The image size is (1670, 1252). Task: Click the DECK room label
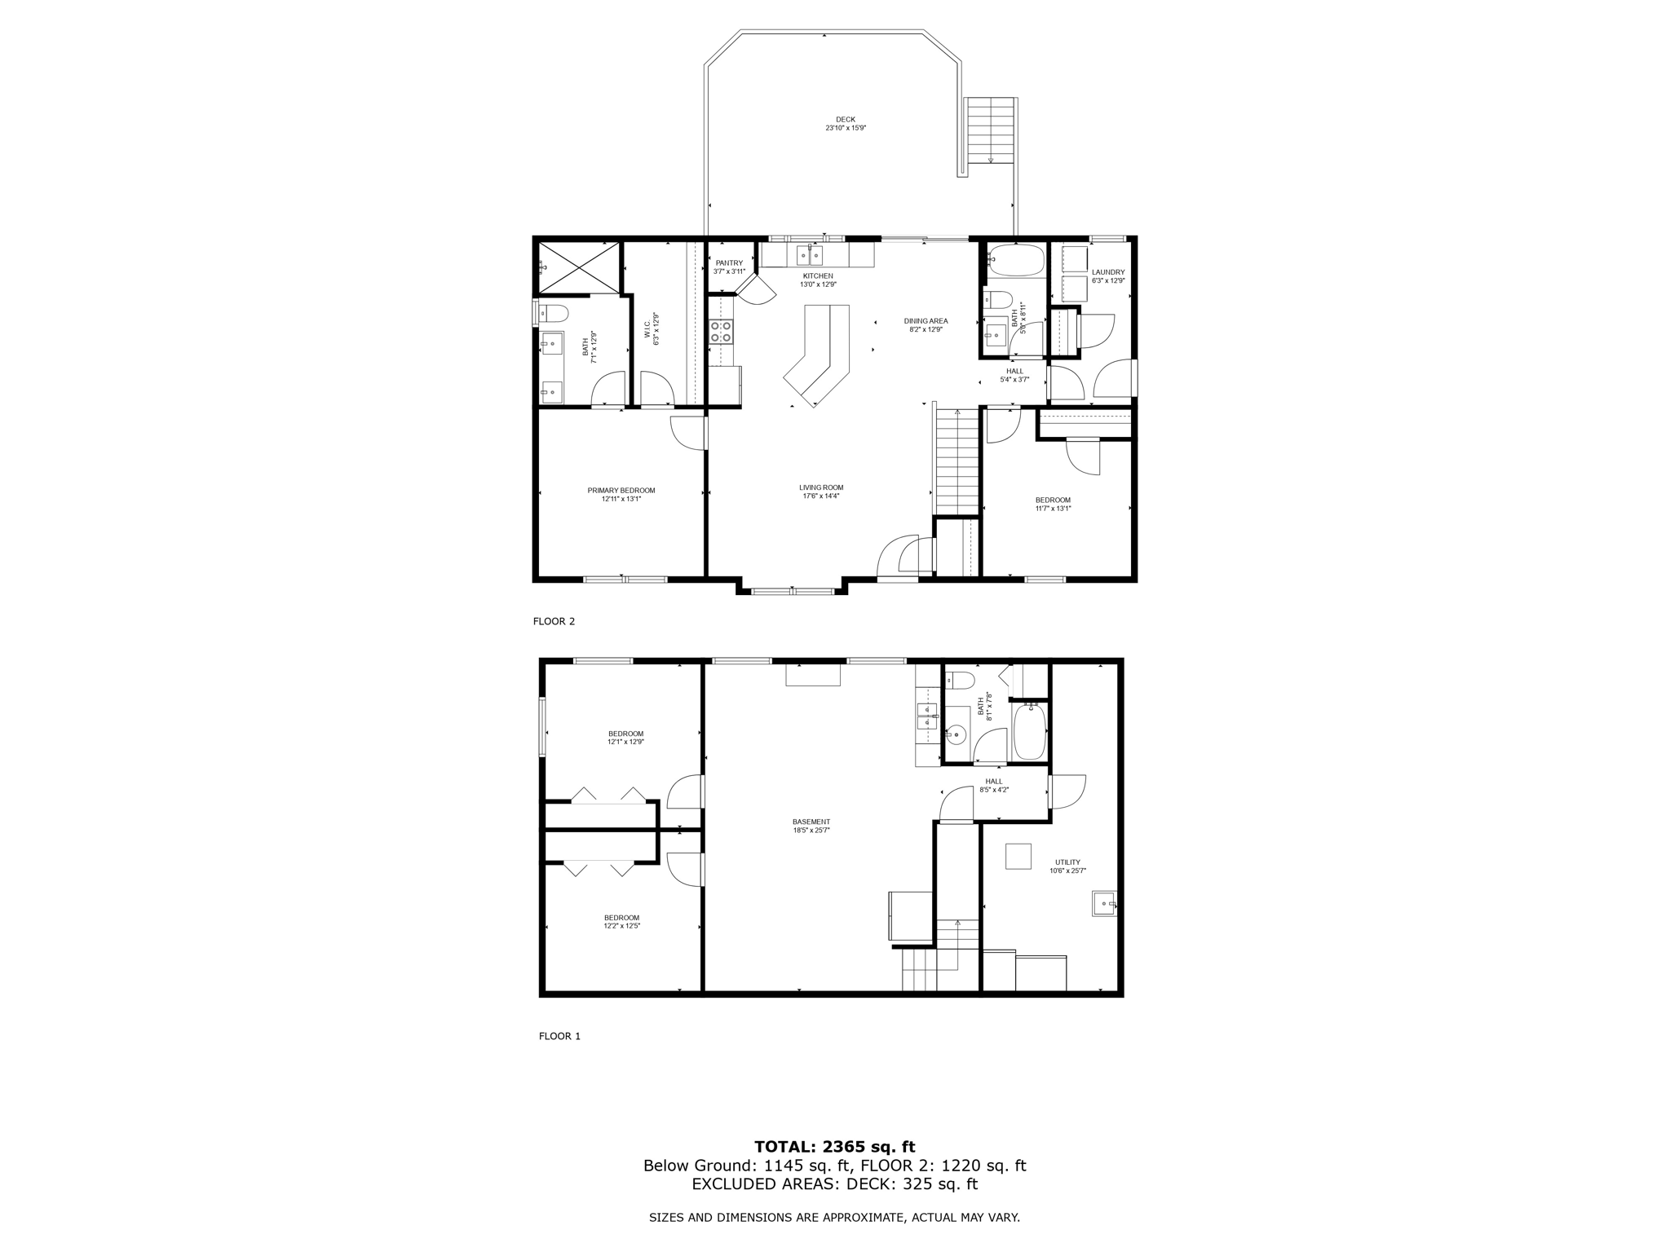click(x=845, y=124)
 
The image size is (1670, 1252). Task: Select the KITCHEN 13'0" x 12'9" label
click(x=817, y=280)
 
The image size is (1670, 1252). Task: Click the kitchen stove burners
click(x=721, y=331)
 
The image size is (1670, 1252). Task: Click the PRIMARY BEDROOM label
click(x=621, y=495)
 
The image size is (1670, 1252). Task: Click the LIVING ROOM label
click(x=820, y=492)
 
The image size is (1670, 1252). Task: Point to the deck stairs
click(x=990, y=130)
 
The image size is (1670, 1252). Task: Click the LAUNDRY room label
click(x=1107, y=276)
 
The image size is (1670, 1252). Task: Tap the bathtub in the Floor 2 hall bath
click(x=1016, y=261)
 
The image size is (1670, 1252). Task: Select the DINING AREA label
click(x=926, y=325)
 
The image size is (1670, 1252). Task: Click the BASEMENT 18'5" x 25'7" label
click(x=811, y=826)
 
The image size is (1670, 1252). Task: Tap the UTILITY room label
click(x=1067, y=866)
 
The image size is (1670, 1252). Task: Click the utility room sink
click(x=1103, y=904)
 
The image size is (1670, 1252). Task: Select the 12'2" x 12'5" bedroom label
click(x=621, y=922)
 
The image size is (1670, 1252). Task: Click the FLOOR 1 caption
click(x=559, y=1036)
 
